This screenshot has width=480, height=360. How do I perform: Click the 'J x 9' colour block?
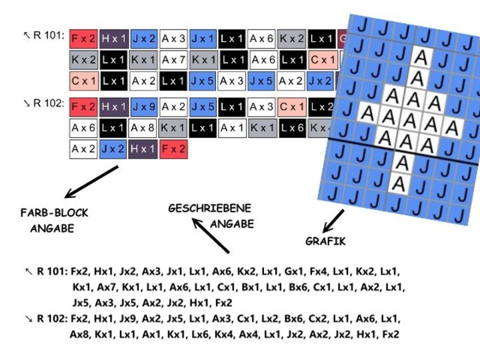pyautogui.click(x=144, y=107)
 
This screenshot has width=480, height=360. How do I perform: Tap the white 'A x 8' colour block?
pyautogui.click(x=144, y=127)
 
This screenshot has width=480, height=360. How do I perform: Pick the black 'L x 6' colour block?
pyautogui.click(x=293, y=127)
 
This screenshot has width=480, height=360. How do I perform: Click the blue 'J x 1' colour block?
pyautogui.click(x=203, y=39)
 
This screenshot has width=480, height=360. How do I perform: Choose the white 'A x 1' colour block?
pyautogui.click(x=233, y=127)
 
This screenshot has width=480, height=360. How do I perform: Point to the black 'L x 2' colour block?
pyautogui.click(x=322, y=107)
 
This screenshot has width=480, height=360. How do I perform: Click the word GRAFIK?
pyautogui.click(x=325, y=241)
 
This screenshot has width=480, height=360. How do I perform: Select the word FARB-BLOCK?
pyautogui.click(x=54, y=213)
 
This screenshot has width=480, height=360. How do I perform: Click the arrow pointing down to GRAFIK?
pyautogui.click(x=333, y=220)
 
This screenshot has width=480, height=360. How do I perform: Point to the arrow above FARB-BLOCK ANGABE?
pyautogui.click(x=93, y=181)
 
